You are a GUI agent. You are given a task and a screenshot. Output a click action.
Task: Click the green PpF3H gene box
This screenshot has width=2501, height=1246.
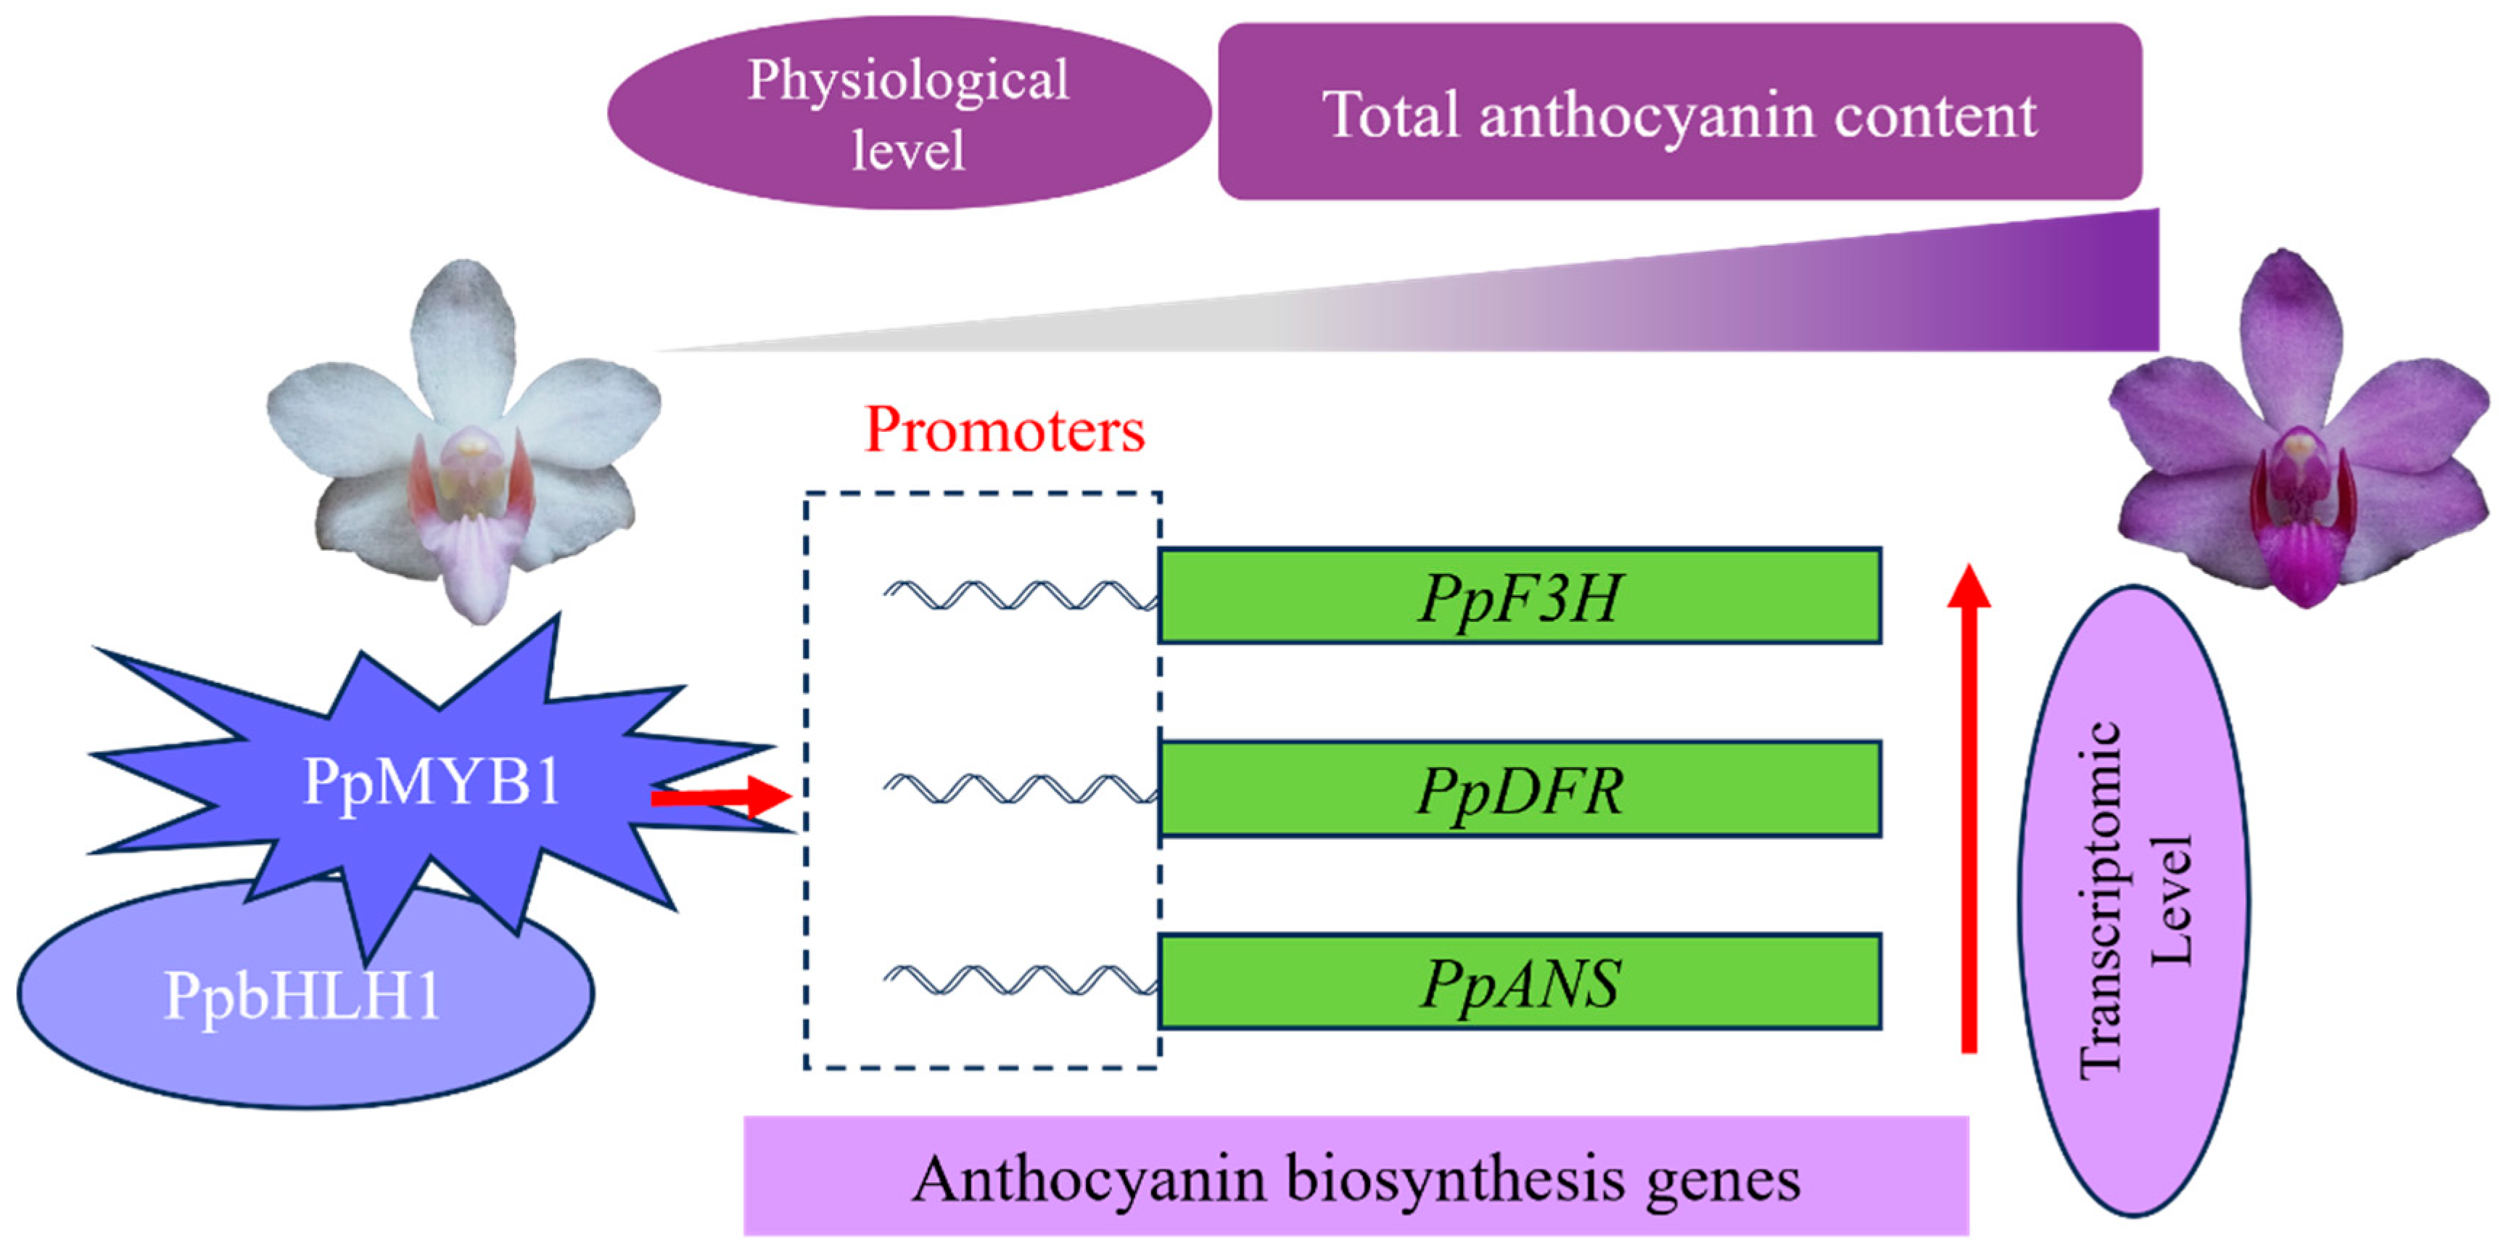point(1520,595)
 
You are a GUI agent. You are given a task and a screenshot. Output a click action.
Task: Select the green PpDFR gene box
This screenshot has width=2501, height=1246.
point(1520,789)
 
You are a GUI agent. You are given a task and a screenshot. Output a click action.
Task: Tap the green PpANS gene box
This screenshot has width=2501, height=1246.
point(1520,982)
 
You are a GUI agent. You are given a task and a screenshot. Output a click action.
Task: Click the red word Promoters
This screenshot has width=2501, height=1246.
point(1004,430)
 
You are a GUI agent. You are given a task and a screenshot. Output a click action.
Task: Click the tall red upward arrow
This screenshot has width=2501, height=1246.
point(1968,816)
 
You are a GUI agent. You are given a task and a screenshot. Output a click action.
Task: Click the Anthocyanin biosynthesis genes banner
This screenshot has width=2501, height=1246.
point(1356,1177)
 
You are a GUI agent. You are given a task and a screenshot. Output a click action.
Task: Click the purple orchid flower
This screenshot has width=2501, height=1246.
point(2298,427)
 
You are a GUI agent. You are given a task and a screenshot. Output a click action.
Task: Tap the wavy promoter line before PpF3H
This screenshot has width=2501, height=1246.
point(1019,595)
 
